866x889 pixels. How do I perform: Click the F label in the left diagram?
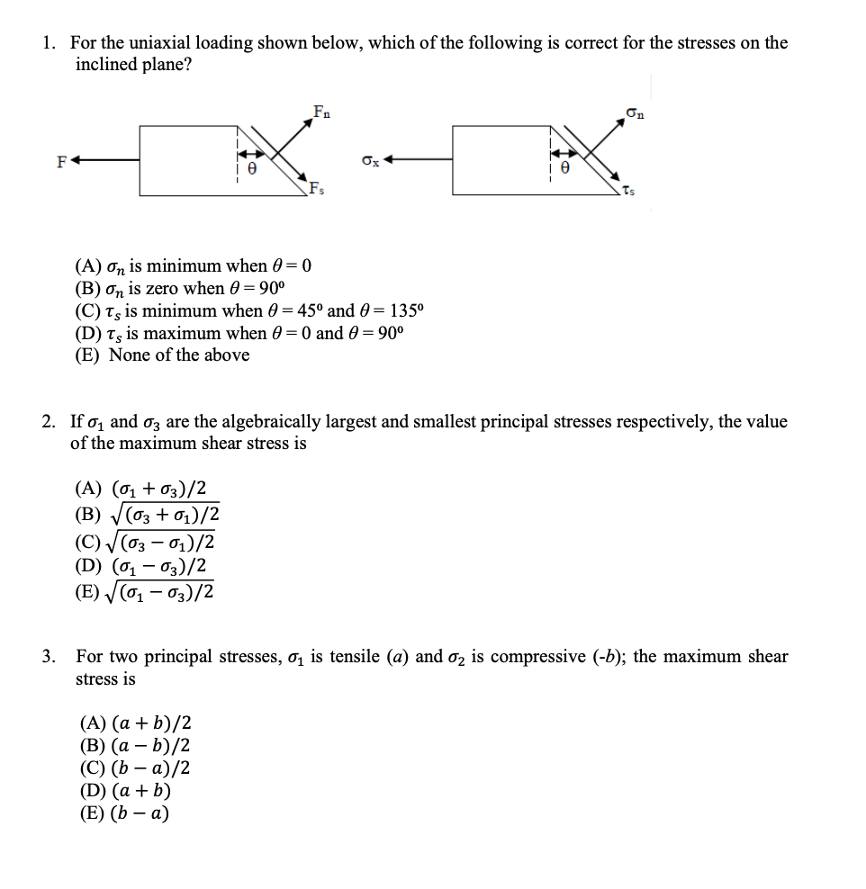(61, 163)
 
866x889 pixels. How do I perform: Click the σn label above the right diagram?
(634, 113)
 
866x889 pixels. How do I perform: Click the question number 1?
(50, 43)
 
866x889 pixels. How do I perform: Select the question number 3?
(50, 657)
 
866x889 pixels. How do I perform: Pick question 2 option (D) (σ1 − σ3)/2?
(144, 567)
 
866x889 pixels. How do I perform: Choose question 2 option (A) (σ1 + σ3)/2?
(144, 489)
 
